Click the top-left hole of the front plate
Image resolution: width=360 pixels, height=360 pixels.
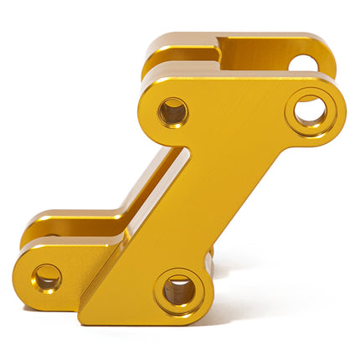coord(172,111)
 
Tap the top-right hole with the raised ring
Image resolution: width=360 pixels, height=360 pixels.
coord(311,110)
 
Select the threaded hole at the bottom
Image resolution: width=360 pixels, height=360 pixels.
coord(178,291)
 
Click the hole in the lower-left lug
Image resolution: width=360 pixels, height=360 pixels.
coord(47,276)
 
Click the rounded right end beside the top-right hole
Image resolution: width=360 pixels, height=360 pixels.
coord(342,107)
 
